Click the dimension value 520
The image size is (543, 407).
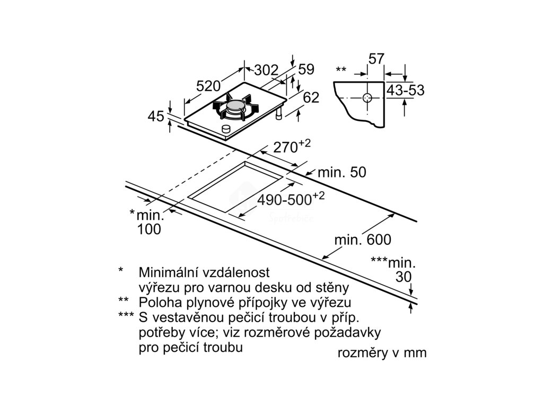208,86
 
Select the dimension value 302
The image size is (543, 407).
266,70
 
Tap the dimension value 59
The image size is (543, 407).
306,69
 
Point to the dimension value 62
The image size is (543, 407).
312,98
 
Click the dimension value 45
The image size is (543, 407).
156,117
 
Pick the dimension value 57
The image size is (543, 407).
375,59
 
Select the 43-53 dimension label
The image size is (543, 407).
406,91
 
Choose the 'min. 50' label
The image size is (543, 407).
342,173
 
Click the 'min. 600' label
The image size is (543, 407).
363,240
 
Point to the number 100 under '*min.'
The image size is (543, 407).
149,229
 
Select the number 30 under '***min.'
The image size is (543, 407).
404,277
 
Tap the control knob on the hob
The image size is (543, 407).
226,129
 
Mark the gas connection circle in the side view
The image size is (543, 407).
367,98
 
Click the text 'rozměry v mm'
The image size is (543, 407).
382,353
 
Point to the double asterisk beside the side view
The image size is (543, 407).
341,70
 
